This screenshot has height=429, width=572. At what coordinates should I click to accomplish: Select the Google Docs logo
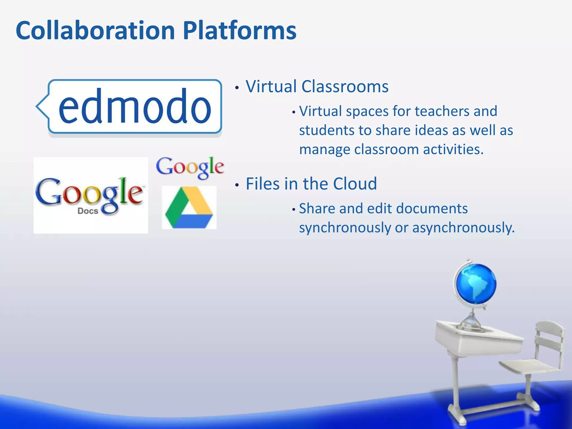[90, 195]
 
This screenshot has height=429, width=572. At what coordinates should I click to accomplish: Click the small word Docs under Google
[88, 211]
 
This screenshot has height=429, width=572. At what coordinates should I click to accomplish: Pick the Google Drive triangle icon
[189, 208]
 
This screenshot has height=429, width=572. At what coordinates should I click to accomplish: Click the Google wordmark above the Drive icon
[190, 167]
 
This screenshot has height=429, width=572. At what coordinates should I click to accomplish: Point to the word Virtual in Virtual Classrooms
[271, 86]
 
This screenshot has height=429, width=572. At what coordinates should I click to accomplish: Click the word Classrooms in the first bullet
[345, 86]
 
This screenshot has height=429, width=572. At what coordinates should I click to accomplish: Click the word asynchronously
[463, 227]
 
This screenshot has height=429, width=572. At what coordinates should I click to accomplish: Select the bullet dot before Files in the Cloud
[237, 185]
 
